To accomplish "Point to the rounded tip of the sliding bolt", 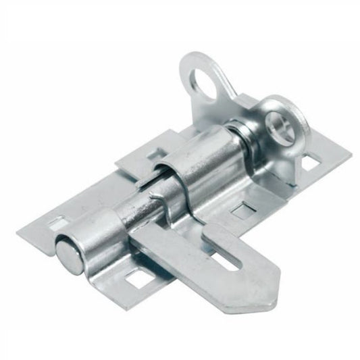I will [x=69, y=255].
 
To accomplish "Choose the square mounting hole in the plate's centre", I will [x=240, y=210].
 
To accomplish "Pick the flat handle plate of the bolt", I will [x=203, y=267].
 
